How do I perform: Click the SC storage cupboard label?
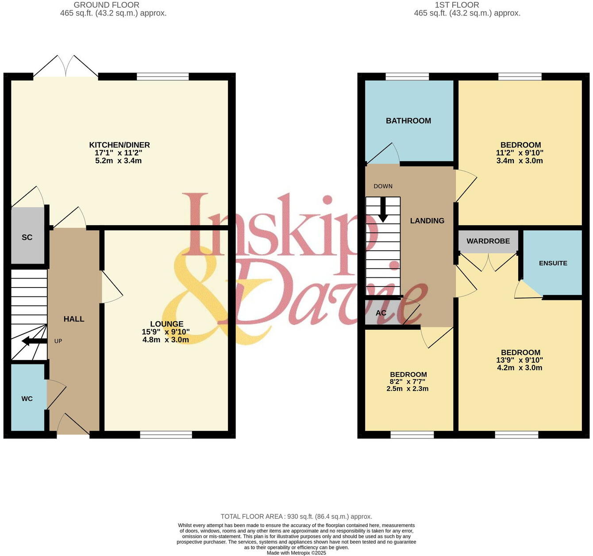pyautogui.click(x=27, y=238)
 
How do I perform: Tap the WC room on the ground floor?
pyautogui.click(x=27, y=399)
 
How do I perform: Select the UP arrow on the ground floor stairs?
pyautogui.click(x=34, y=341)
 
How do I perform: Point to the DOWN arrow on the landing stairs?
pyautogui.click(x=383, y=210)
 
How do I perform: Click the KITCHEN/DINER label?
pyautogui.click(x=119, y=145)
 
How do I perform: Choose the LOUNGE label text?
pyautogui.click(x=166, y=324)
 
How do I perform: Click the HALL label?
pyautogui.click(x=74, y=319)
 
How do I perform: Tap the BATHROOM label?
pyautogui.click(x=408, y=121)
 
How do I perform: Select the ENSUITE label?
pyautogui.click(x=553, y=263)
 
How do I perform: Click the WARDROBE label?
pyautogui.click(x=488, y=241)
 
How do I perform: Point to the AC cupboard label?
pyautogui.click(x=381, y=313)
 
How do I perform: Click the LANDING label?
pyautogui.click(x=427, y=221)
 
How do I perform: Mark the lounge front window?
pyautogui.click(x=166, y=435)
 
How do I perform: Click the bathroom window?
pyautogui.click(x=407, y=77)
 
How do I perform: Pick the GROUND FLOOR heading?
pyautogui.click(x=106, y=5)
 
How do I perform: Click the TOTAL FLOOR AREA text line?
pyautogui.click(x=296, y=516)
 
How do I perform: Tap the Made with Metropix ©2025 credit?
pyautogui.click(x=296, y=553)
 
